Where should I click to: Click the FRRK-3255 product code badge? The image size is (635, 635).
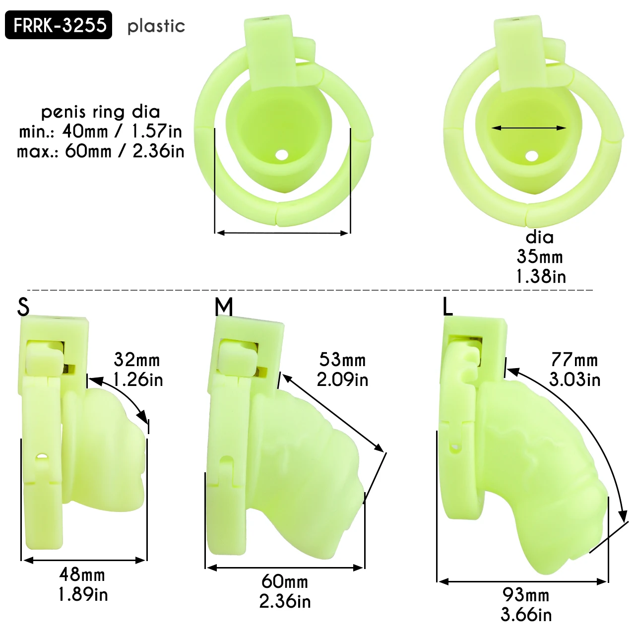coord(59,25)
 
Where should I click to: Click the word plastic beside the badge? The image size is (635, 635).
coord(156,26)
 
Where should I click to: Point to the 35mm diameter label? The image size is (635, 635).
coord(539,256)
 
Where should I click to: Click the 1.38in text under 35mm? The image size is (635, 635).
coord(541,276)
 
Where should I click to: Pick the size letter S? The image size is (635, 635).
coord(23,307)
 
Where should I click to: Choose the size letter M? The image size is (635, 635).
coord(224,307)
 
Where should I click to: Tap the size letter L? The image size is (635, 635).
coord(447,307)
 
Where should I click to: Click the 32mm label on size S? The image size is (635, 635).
coord(137,360)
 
